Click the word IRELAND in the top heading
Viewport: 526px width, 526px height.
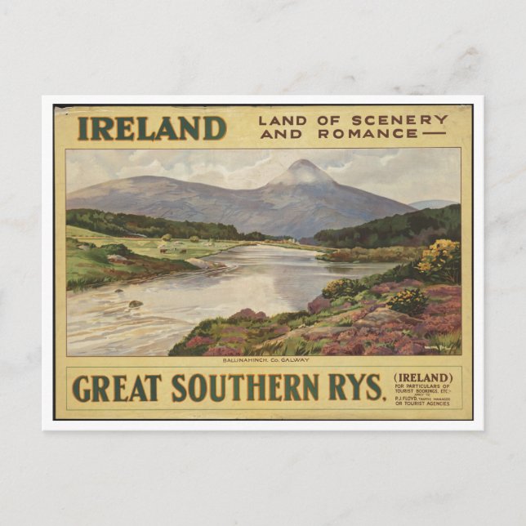[x=151, y=128]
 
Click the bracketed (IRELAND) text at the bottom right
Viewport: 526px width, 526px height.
[x=423, y=377]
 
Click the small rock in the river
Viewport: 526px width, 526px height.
[x=135, y=304]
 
